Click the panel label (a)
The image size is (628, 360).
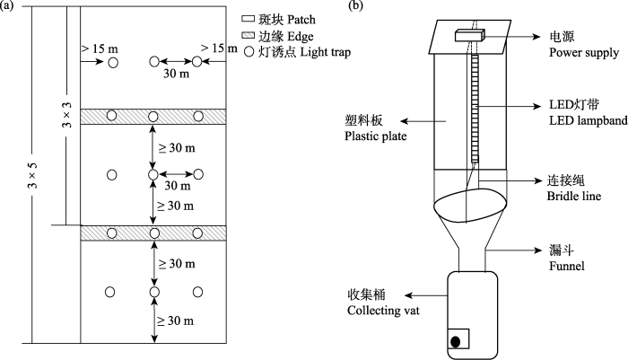click(x=7, y=6)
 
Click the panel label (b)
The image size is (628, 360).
click(x=355, y=6)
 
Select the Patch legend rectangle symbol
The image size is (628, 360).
click(x=248, y=19)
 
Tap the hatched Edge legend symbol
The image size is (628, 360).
click(x=248, y=35)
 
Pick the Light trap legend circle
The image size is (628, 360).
click(x=249, y=52)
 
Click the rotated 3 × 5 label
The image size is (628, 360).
click(x=33, y=175)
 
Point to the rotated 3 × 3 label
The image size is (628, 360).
click(x=66, y=115)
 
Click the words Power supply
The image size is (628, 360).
click(x=583, y=53)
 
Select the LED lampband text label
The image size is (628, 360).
click(x=588, y=120)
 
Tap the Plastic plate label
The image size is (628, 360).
click(x=375, y=136)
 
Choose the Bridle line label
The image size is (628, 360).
click(x=574, y=196)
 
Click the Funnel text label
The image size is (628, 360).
click(x=566, y=266)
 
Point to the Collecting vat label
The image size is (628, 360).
click(x=383, y=311)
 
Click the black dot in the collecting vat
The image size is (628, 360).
click(x=456, y=342)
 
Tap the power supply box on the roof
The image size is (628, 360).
click(x=470, y=36)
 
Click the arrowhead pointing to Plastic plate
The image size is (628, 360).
click(x=404, y=121)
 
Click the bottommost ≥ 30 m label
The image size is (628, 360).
click(x=176, y=320)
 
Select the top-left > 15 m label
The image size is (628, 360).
click(x=100, y=48)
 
